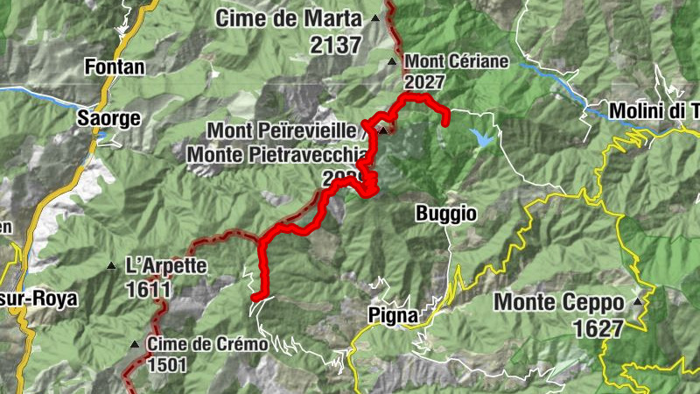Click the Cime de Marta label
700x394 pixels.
pyautogui.click(x=289, y=18)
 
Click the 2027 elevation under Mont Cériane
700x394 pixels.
pyautogui.click(x=424, y=81)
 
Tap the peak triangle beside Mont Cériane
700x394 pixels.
pyautogui.click(x=392, y=62)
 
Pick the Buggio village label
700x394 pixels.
pyautogui.click(x=446, y=213)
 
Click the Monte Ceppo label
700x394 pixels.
pyautogui.click(x=560, y=302)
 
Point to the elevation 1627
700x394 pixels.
pyautogui.click(x=599, y=328)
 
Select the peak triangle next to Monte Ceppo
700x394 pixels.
pyautogui.click(x=638, y=302)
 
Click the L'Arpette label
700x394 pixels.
pyautogui.click(x=166, y=264)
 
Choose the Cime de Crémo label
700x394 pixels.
pyautogui.click(x=207, y=344)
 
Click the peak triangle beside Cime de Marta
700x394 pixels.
pyautogui.click(x=375, y=18)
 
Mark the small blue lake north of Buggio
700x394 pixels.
pyautogui.click(x=481, y=137)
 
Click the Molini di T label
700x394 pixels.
pyautogui.click(x=652, y=111)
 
